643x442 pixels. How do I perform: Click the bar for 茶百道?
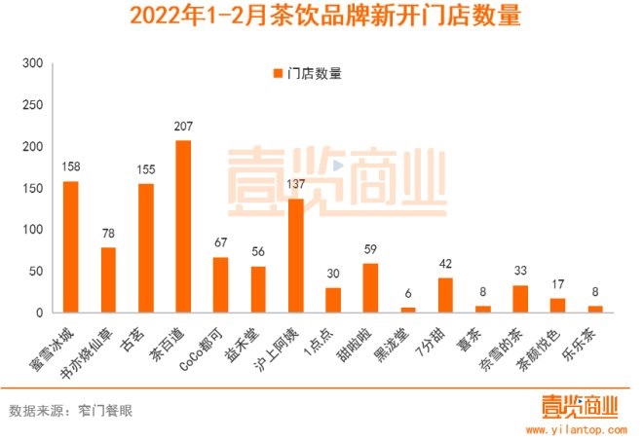(x=183, y=227)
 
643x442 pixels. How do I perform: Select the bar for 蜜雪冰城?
(x=70, y=247)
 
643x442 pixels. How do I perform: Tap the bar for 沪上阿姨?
(x=295, y=256)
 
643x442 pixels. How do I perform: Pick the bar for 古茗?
(x=145, y=248)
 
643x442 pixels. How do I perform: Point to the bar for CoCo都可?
(x=220, y=285)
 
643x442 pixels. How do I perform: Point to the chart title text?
(x=321, y=18)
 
